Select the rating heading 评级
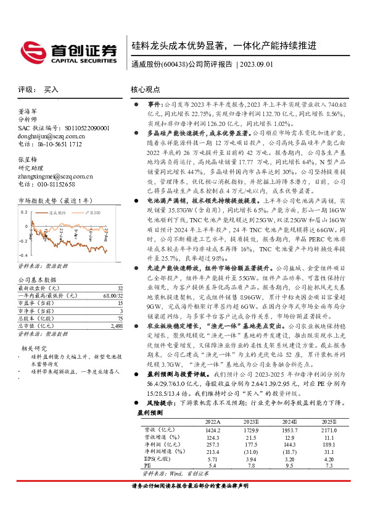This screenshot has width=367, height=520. point(25,90)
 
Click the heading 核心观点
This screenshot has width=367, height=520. point(146,90)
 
